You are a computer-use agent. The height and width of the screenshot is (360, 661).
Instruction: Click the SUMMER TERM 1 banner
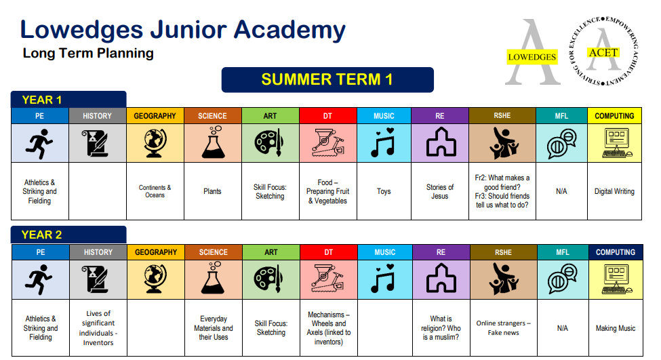pyautogui.click(x=327, y=80)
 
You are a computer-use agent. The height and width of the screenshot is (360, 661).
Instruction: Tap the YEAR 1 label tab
pyautogui.click(x=68, y=100)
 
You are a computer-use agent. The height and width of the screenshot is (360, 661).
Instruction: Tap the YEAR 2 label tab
pyautogui.click(x=68, y=235)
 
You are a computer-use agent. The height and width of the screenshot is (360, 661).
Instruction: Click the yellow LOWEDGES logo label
pyautogui.click(x=532, y=57)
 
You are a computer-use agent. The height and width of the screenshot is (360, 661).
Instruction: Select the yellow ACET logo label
pyautogui.click(x=603, y=52)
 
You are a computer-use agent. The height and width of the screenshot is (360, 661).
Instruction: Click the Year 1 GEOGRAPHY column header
pyautogui.click(x=155, y=116)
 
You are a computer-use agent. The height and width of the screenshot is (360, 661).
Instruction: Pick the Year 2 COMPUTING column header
pyautogui.click(x=615, y=252)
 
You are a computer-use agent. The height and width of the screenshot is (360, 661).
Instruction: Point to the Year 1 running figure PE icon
pyautogui.click(x=39, y=143)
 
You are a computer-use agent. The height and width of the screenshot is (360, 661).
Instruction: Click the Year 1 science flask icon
pyautogui.click(x=212, y=143)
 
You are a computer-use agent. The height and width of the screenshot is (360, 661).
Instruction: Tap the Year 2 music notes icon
pyautogui.click(x=384, y=279)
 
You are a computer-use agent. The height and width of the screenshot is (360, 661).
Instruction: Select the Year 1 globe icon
pyautogui.click(x=155, y=143)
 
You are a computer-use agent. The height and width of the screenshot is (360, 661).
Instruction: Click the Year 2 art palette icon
pyautogui.click(x=271, y=279)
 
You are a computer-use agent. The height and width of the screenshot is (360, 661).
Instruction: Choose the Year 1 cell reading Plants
pyautogui.click(x=212, y=191)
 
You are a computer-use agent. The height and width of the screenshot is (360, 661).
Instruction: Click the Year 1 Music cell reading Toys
pyautogui.click(x=384, y=191)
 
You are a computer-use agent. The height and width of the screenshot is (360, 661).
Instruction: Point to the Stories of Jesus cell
pyautogui.click(x=440, y=191)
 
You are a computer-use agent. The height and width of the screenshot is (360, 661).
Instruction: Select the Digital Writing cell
pyautogui.click(x=614, y=191)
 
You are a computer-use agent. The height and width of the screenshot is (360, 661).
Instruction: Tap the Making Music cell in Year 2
pyautogui.click(x=615, y=328)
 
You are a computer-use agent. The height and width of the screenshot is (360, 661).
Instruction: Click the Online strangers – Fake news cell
pyautogui.click(x=503, y=328)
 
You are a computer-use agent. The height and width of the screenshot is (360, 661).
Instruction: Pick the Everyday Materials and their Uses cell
pyautogui.click(x=213, y=328)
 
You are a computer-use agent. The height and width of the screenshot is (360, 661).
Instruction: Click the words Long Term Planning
pyautogui.click(x=88, y=53)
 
